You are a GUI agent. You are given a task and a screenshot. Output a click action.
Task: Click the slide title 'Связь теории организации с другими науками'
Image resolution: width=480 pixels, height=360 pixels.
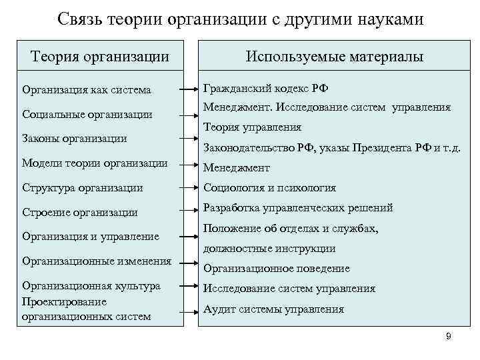[240, 19]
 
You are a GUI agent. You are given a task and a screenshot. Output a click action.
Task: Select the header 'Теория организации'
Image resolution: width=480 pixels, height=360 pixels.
[99, 57]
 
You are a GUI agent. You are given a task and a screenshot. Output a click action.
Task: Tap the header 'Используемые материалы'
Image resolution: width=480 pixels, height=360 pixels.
[334, 57]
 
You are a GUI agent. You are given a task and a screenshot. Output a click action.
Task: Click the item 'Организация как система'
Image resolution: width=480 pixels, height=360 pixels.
[87, 89]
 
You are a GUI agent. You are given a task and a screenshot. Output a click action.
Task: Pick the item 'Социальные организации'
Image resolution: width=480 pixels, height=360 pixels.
[87, 114]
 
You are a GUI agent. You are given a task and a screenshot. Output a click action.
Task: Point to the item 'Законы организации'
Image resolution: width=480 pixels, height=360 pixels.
[74, 139]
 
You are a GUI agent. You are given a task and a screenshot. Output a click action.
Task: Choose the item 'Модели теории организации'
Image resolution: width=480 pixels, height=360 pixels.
[94, 163]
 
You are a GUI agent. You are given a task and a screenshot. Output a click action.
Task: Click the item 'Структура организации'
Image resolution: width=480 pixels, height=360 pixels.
[82, 188]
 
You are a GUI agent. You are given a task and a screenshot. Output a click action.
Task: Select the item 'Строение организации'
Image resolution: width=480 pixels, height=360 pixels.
[80, 212]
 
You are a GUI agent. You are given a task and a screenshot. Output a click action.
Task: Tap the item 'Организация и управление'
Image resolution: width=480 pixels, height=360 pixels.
[91, 236]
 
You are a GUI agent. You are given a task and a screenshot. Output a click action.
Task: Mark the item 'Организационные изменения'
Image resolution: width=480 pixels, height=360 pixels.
[97, 261]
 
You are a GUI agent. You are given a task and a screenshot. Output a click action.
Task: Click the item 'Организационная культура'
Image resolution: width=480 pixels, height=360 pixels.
[91, 285]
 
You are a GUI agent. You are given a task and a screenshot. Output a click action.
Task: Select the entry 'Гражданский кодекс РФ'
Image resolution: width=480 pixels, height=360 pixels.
[265, 88]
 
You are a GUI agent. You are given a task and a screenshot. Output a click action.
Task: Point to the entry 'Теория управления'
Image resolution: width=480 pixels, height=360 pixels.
[252, 127]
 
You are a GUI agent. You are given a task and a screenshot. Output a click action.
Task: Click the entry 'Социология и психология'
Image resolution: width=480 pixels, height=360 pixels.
[269, 188]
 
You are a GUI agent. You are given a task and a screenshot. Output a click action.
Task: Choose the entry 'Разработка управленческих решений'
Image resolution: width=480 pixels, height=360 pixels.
[297, 208]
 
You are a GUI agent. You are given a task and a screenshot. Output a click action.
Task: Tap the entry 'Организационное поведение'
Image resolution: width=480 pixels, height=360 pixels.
[276, 269]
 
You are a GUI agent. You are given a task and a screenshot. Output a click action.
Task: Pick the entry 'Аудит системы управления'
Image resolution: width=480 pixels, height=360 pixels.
[273, 309]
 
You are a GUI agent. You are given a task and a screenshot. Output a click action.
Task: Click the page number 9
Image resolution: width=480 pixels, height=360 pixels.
[449, 336]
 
